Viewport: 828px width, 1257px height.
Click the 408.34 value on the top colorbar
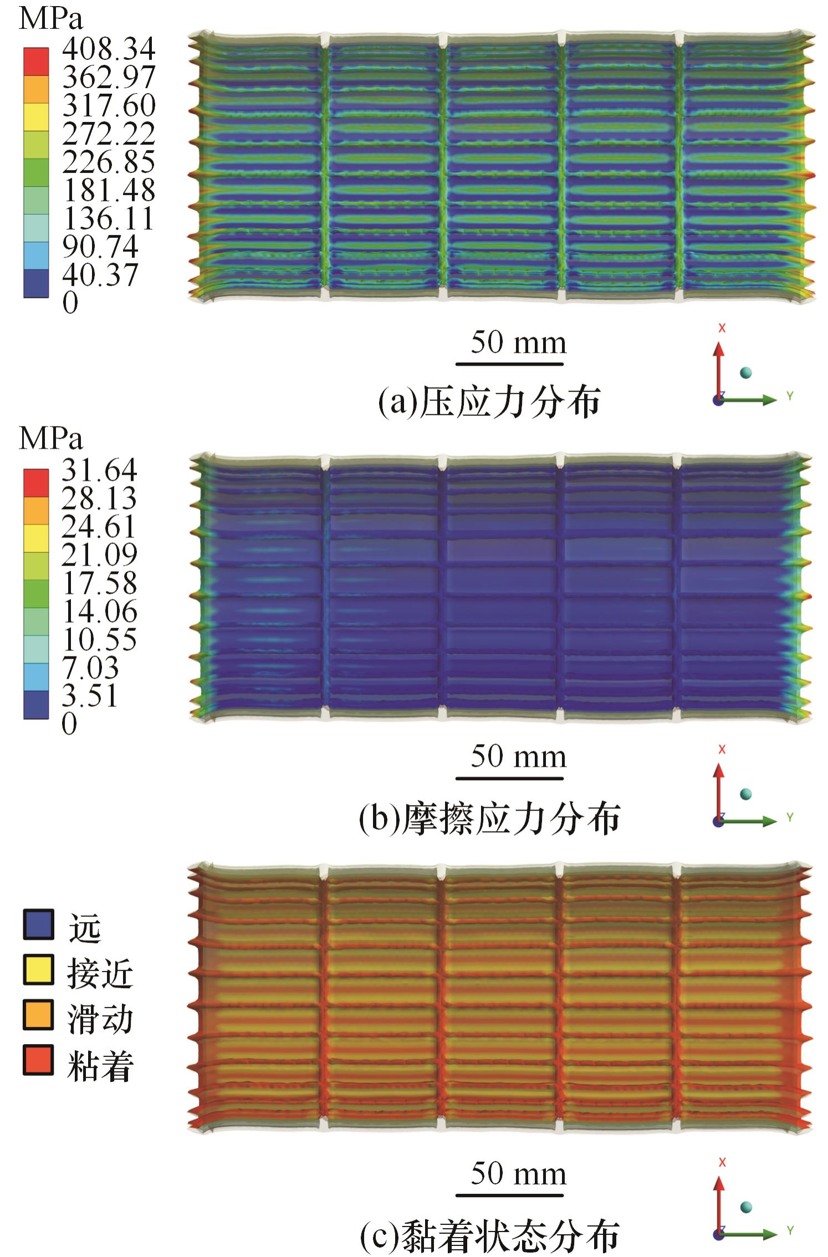[x=109, y=49]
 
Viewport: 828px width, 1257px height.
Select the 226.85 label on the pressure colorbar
[x=109, y=162]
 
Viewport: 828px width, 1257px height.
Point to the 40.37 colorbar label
[x=100, y=275]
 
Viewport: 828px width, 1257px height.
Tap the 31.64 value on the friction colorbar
[x=99, y=470]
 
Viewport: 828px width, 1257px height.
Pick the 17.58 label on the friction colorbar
[x=99, y=583]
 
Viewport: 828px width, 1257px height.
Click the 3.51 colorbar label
[x=90, y=696]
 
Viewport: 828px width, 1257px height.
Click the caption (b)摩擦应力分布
[x=489, y=820]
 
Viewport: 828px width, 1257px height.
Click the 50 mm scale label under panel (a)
[x=519, y=343]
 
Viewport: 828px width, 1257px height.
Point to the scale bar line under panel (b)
[x=509, y=778]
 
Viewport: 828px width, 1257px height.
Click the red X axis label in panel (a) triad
[x=722, y=328]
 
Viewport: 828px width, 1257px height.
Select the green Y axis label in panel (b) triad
[x=790, y=817]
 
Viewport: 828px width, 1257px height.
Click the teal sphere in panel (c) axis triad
[x=746, y=1207]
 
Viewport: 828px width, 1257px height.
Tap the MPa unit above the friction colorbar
[x=50, y=439]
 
